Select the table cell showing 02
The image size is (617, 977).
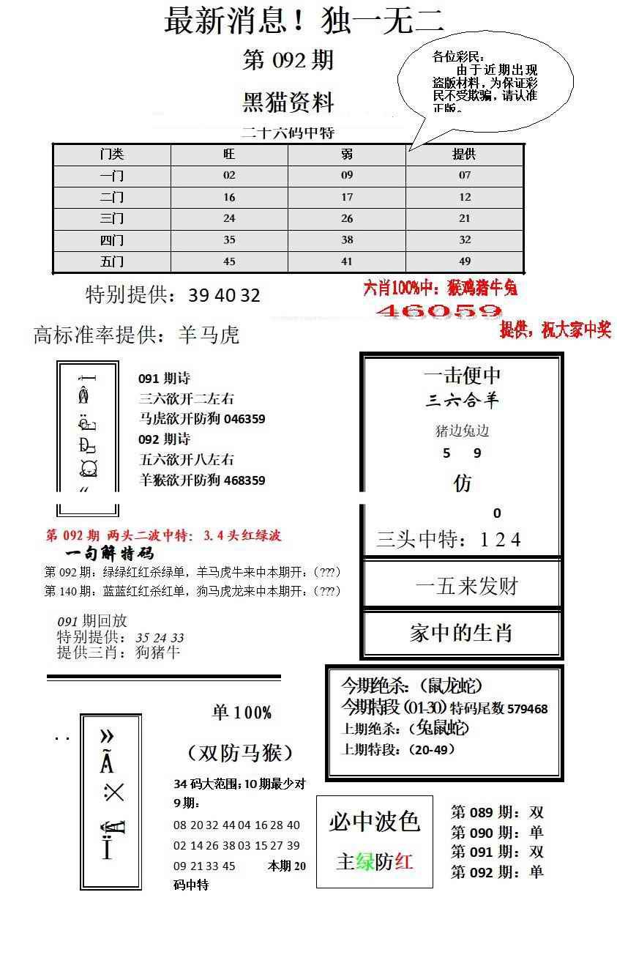pyautogui.click(x=229, y=176)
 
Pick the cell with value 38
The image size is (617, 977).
pyautogui.click(x=347, y=239)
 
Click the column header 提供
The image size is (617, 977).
pyautogui.click(x=464, y=155)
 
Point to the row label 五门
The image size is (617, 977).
pyautogui.click(x=112, y=261)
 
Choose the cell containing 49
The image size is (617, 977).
pyautogui.click(x=464, y=261)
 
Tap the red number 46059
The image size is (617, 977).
pyautogui.click(x=438, y=311)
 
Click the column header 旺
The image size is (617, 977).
pyautogui.click(x=229, y=155)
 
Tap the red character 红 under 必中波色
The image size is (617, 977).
pyautogui.click(x=403, y=861)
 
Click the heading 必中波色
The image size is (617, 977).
pyautogui.click(x=374, y=822)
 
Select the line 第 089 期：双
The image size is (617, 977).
pyautogui.click(x=497, y=812)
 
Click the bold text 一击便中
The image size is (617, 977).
pyautogui.click(x=462, y=376)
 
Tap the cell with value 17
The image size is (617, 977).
pyautogui.click(x=347, y=197)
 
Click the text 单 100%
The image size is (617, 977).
pyautogui.click(x=242, y=713)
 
